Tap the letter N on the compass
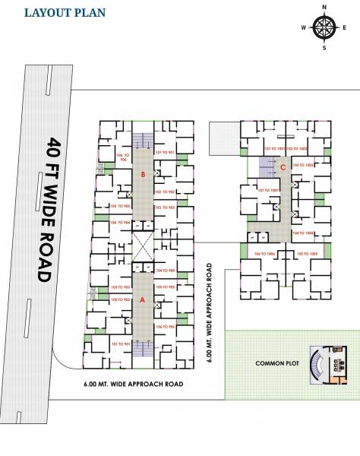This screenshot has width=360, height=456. tap(324, 7)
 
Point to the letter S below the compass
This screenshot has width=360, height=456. tap(324, 48)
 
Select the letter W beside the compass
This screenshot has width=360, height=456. tap(303, 27)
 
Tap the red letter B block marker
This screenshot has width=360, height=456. tap(142, 175)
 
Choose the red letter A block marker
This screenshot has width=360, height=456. tap(142, 299)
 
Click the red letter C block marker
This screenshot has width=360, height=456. tap(283, 167)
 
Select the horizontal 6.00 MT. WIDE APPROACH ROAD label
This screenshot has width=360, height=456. tap(134, 385)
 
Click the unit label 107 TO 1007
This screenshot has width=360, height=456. tap(270, 189)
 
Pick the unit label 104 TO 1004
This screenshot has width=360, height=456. tap(306, 233)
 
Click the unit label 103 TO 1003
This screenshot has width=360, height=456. tap(306, 165)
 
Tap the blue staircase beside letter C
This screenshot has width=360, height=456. tap(267, 166)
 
